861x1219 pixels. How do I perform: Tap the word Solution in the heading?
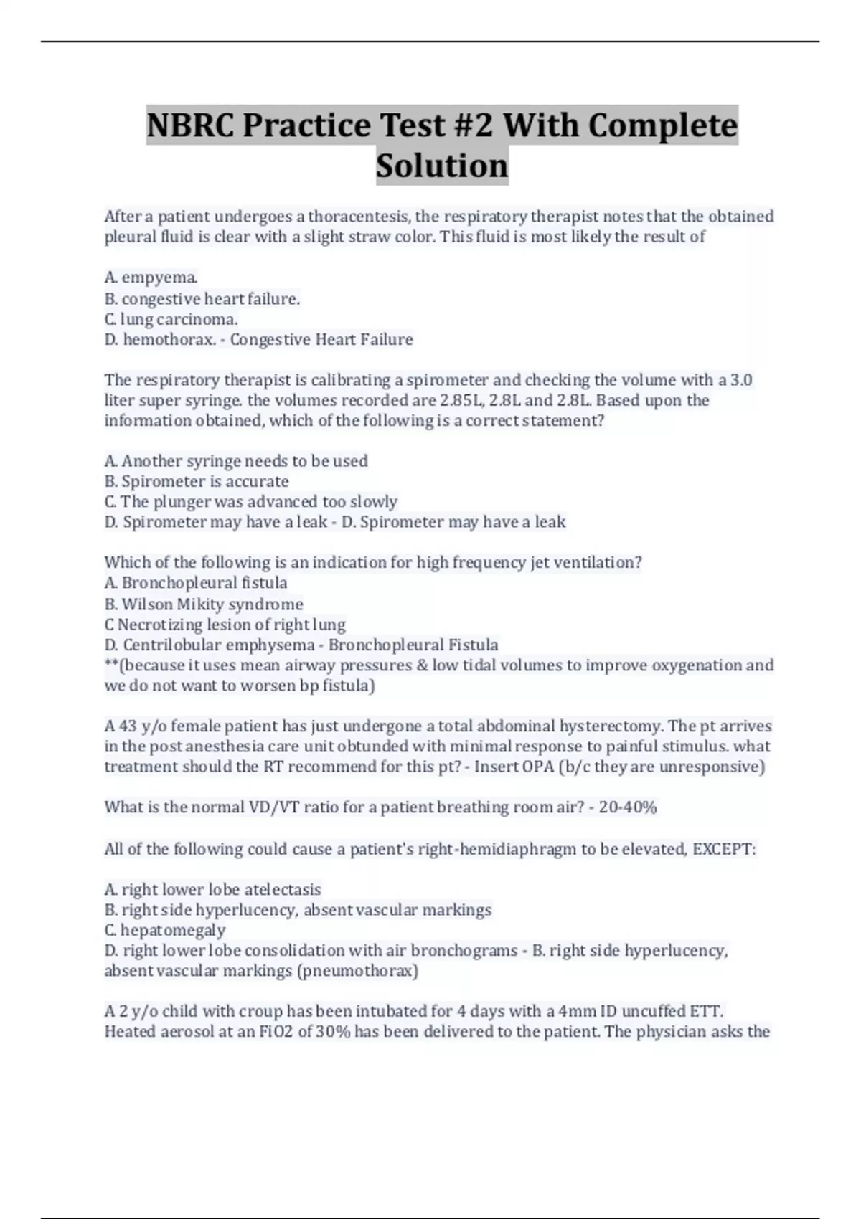[x=442, y=166]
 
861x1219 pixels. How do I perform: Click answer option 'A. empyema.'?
[x=151, y=278]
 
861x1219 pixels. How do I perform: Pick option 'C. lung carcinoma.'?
[x=171, y=319]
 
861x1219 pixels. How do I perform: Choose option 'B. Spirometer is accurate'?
[x=197, y=481]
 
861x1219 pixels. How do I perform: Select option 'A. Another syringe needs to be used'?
[x=236, y=461]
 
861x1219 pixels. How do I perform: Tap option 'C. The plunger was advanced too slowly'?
[x=250, y=501]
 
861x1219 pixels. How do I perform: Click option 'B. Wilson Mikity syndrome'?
[x=204, y=604]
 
